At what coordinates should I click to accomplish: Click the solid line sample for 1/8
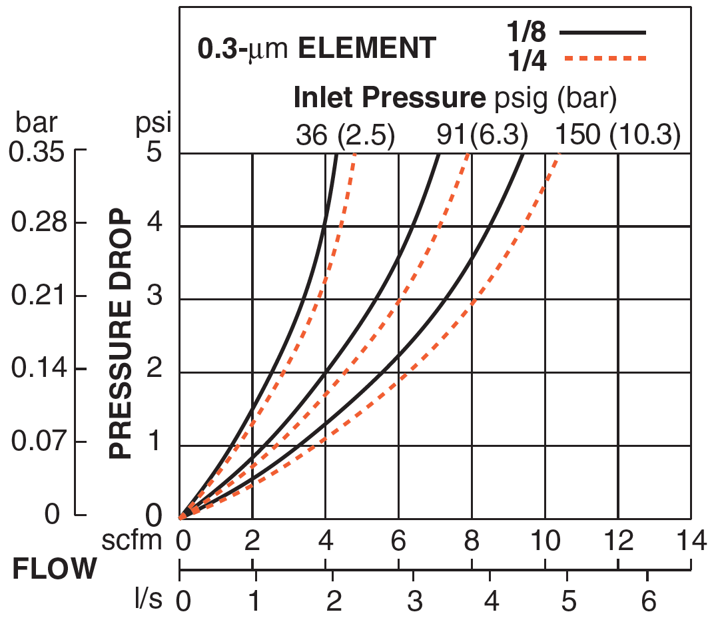tap(603, 32)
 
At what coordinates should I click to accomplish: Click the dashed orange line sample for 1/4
tap(605, 59)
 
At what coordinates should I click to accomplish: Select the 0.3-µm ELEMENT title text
tap(316, 49)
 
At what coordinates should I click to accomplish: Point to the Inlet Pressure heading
tap(454, 99)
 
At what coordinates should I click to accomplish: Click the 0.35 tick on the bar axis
tap(37, 151)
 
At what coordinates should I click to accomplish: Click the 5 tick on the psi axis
tap(154, 153)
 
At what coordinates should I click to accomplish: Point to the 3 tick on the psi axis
tap(154, 298)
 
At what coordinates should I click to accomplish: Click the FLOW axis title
tap(55, 570)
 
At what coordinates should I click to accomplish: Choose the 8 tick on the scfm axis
tap(472, 541)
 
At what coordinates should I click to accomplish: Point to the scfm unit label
tap(132, 541)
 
